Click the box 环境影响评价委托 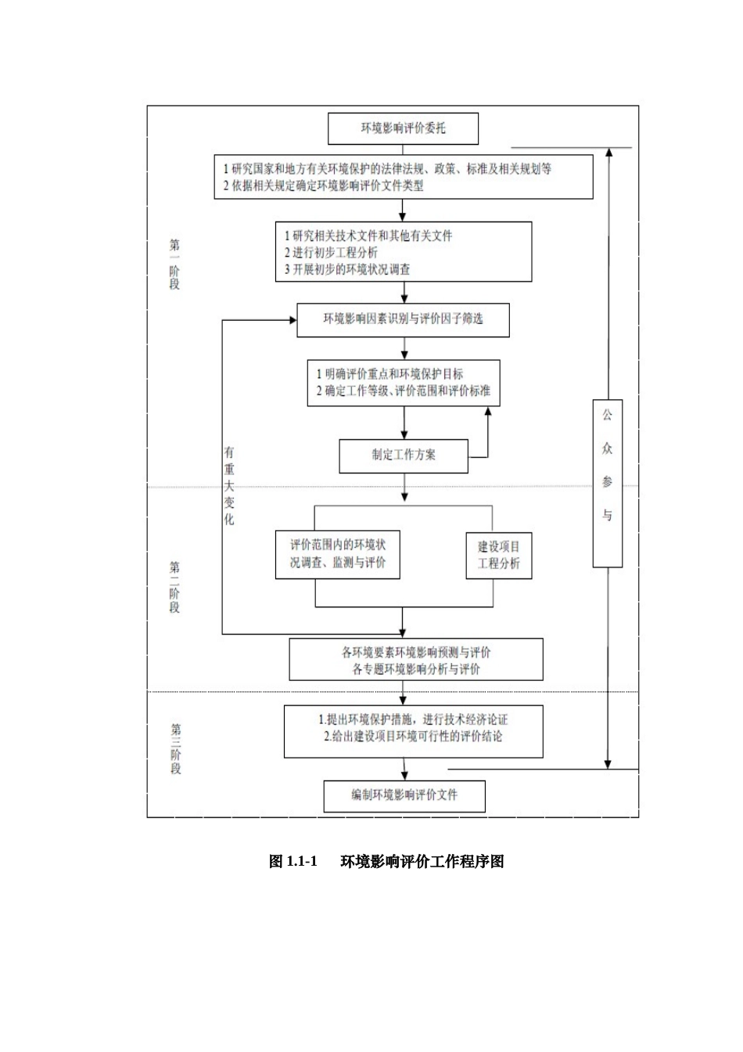coord(403,128)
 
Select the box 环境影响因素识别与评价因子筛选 coord(403,319)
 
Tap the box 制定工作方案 coord(404,456)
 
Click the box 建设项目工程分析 coord(499,555)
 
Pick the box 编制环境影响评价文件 coord(404,796)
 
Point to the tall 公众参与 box coord(607,483)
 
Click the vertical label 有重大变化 coord(229,485)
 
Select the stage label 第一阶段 coord(174,265)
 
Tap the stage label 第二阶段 coord(174,587)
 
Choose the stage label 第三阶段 coord(175,748)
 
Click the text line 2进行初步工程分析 coord(331,253)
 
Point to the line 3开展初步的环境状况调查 coord(347,270)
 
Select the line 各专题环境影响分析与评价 coord(416,669)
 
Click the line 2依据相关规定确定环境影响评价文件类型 coord(324,186)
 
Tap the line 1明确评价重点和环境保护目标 coord(389,374)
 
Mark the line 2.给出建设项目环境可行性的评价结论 coord(413,737)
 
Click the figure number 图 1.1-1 coord(293,862)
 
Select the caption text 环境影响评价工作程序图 coord(422,862)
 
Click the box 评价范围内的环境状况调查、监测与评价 coord(337,554)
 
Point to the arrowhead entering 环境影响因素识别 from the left coord(292,319)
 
